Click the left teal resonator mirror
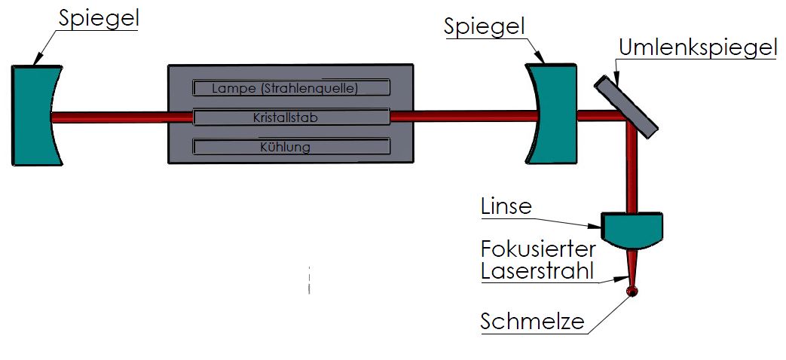(34, 114)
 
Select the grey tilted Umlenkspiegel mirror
(627, 104)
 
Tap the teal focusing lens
(633, 230)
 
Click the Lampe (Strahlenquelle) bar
(292, 88)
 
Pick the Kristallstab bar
(292, 117)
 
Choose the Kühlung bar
(292, 147)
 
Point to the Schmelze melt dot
(632, 291)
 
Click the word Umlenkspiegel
(697, 48)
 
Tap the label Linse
(506, 206)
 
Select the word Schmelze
(533, 322)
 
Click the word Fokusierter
(538, 249)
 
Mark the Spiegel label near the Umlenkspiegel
(484, 26)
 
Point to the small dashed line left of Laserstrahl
(308, 280)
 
